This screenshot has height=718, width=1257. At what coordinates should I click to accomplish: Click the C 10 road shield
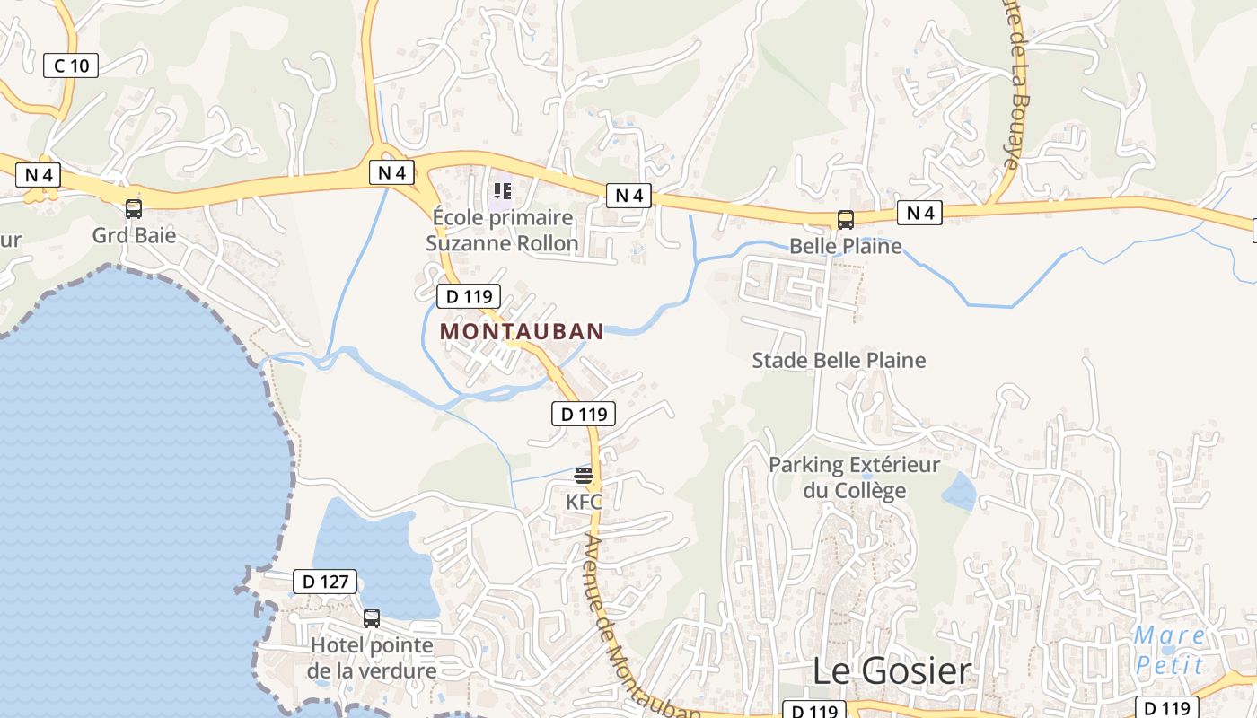(x=71, y=65)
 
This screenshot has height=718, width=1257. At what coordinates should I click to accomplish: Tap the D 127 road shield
(x=325, y=582)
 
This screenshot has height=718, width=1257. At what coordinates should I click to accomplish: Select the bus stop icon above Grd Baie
(x=134, y=209)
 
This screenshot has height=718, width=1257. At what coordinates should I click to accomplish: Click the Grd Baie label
(x=134, y=236)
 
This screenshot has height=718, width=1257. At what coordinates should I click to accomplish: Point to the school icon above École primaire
(x=503, y=191)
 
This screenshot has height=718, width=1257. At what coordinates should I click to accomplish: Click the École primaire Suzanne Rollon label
(x=502, y=231)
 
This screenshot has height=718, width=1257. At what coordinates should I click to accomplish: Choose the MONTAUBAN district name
(x=522, y=331)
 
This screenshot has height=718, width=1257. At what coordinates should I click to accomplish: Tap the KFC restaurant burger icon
(x=584, y=475)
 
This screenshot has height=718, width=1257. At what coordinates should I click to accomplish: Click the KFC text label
(x=584, y=502)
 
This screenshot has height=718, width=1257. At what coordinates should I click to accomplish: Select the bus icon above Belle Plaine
(x=845, y=220)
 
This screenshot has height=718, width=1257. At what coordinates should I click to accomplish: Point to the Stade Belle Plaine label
(x=839, y=361)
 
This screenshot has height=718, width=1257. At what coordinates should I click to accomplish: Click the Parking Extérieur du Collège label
(x=854, y=477)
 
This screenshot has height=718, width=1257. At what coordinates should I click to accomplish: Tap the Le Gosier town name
(x=892, y=670)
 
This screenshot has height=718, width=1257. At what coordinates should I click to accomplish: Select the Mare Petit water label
(x=1169, y=650)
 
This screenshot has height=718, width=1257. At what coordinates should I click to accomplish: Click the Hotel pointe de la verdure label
(x=372, y=658)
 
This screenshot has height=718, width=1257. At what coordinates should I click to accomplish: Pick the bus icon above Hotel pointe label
(x=372, y=618)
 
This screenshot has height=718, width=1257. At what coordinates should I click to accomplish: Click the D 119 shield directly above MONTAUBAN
(x=468, y=296)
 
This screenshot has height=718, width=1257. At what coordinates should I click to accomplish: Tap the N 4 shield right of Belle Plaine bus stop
(x=920, y=213)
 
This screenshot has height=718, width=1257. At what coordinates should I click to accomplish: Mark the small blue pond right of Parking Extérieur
(x=959, y=492)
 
